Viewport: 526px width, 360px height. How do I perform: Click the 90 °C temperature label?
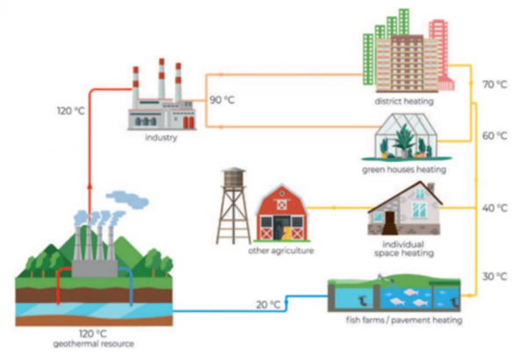(221, 100)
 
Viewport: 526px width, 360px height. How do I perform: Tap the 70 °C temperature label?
(495, 84)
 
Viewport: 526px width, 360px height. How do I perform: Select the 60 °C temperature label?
(495, 137)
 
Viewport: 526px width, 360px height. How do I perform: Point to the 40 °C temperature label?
(495, 208)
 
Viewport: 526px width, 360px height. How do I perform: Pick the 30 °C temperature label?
(495, 277)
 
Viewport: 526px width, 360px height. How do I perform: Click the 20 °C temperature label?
(268, 305)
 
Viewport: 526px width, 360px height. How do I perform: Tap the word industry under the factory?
(159, 138)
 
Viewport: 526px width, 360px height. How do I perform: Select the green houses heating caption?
(404, 168)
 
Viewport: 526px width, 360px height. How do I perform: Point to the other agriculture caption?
(280, 251)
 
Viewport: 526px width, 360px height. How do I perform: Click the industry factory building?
(160, 101)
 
